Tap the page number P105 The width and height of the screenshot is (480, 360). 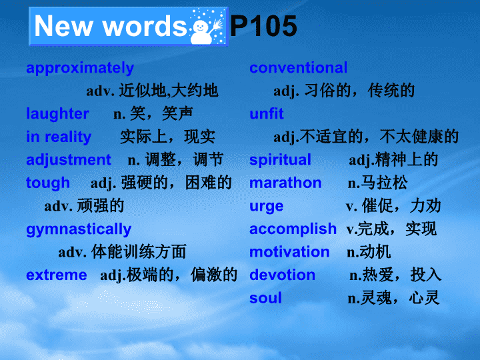(263, 26)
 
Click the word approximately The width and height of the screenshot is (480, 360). (80, 68)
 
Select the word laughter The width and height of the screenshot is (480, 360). (57, 114)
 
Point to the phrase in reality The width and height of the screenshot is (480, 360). (59, 137)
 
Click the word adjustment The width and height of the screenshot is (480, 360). (69, 160)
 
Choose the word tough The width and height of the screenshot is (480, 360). (48, 183)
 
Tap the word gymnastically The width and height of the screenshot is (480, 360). (79, 229)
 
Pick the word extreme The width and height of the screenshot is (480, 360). (57, 275)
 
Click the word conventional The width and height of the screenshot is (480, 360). (299, 67)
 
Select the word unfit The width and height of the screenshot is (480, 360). (267, 113)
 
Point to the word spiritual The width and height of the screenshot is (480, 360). (280, 160)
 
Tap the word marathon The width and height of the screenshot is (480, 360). (285, 183)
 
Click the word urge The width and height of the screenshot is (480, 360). (266, 207)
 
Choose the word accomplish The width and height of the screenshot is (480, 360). (293, 229)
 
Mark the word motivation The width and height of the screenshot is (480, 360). (289, 252)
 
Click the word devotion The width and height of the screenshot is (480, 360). (282, 275)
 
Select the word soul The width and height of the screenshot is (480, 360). (265, 298)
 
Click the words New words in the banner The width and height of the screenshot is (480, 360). (110, 26)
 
